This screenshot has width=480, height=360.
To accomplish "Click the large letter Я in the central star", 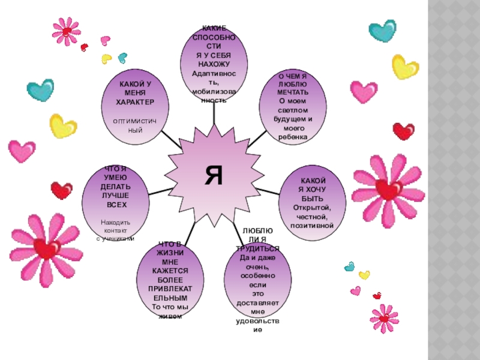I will (214, 175).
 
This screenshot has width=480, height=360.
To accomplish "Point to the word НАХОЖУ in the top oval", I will (214, 64).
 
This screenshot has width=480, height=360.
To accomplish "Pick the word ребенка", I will (293, 137).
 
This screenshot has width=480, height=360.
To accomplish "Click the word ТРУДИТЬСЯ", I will (257, 248).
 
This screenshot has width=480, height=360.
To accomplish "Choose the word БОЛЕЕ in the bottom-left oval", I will (170, 280).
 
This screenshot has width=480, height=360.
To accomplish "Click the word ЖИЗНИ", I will (170, 253).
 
